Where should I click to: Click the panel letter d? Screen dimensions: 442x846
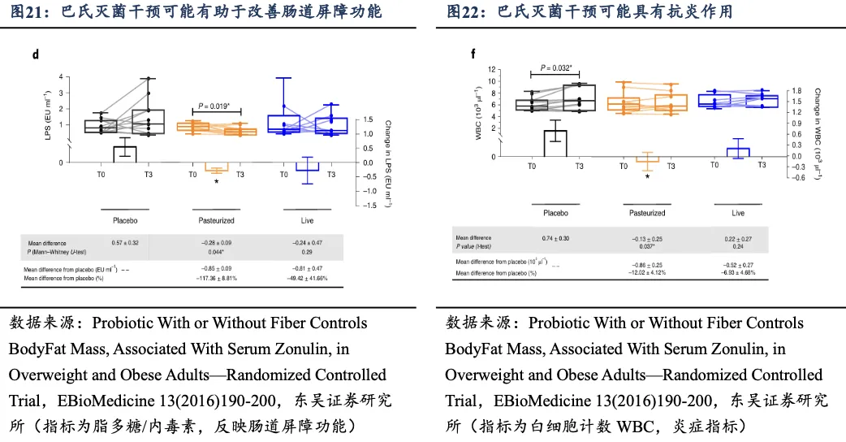click(x=35, y=54)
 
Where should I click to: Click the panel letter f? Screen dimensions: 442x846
click(x=473, y=54)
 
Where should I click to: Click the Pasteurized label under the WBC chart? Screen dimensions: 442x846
click(x=646, y=213)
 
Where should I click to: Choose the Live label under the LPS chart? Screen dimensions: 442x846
click(x=308, y=219)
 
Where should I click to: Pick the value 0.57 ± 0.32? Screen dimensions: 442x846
click(x=124, y=243)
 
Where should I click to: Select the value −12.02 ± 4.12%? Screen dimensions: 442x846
click(x=646, y=272)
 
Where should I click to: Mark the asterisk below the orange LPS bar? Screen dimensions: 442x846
click(x=216, y=181)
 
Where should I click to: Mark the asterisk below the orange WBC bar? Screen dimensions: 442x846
click(x=647, y=175)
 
